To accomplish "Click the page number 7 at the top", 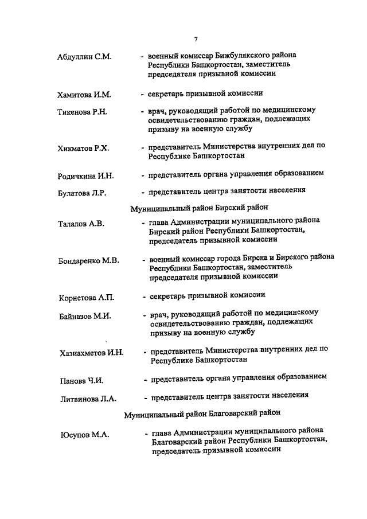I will point(196,39).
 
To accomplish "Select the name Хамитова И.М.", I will point(84,94).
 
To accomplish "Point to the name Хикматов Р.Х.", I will point(84,149).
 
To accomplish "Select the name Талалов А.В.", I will point(81,224).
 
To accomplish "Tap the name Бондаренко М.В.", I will point(89,261).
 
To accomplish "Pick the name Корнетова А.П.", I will point(87,298).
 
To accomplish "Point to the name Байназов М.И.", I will point(84,316).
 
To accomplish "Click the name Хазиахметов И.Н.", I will point(92,353).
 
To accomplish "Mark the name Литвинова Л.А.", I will point(88,399).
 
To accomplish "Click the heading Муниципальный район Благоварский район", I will point(206,413).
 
